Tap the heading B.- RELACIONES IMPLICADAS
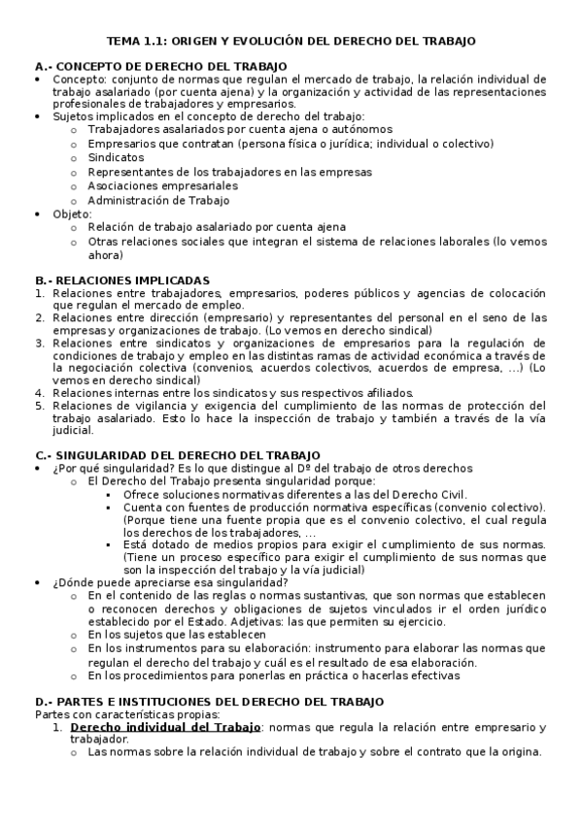pyautogui.click(x=121, y=279)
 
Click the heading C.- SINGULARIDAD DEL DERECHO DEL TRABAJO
pyautogui.click(x=176, y=455)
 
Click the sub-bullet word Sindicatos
pyautogui.click(x=116, y=155)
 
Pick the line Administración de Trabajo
pyautogui.click(x=158, y=200)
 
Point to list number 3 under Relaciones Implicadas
pyautogui.click(x=39, y=343)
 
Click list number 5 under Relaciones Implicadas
pyautogui.click(x=39, y=406)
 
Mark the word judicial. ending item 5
pyautogui.click(x=73, y=431)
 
